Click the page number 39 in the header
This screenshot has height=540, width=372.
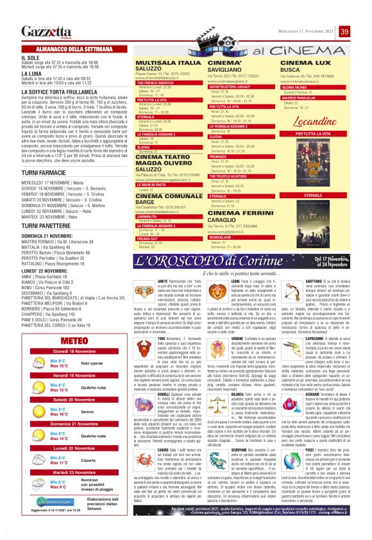(x=344, y=31)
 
